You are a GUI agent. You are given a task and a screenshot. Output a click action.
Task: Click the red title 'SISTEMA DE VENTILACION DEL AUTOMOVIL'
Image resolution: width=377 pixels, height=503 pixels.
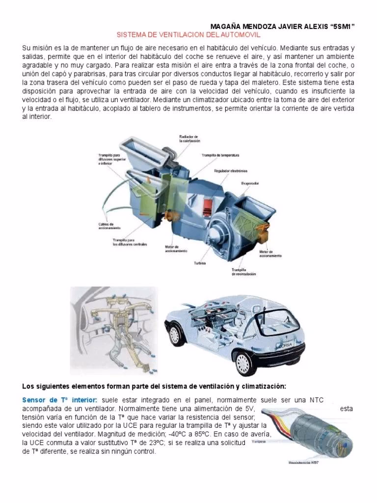point(188,35)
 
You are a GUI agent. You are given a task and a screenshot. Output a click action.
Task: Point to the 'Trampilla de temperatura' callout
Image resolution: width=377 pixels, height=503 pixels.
point(220,155)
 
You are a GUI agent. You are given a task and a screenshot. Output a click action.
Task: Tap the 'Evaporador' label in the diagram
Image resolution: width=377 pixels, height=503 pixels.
point(250,183)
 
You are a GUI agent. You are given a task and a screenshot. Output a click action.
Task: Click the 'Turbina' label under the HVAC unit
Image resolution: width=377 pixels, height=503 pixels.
point(200,263)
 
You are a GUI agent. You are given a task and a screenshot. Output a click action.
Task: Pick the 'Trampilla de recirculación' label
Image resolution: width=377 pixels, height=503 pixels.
point(243,272)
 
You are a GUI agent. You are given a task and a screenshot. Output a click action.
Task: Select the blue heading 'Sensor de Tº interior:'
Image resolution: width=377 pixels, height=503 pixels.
point(60,400)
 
